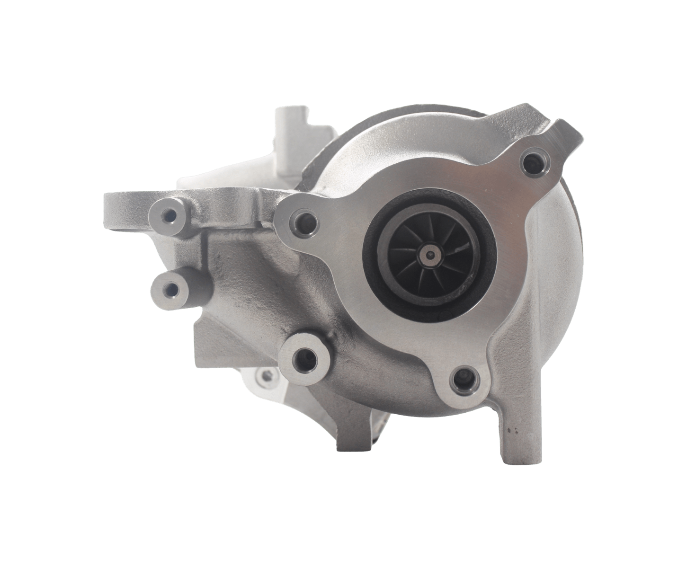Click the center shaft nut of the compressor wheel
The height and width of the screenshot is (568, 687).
[429, 255]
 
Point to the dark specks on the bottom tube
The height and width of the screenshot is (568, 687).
[510, 430]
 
